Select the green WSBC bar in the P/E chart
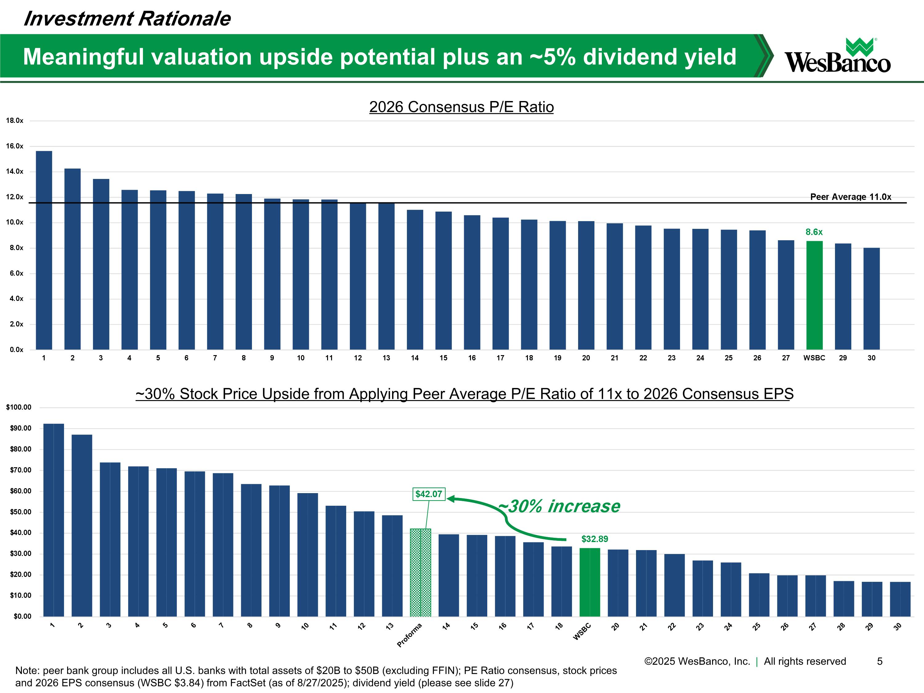814,295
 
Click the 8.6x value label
814,232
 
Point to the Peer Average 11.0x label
850,197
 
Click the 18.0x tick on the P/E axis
14,121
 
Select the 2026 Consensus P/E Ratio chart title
461,107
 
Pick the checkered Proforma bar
420,572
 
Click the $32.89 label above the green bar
594,539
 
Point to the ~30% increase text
560,506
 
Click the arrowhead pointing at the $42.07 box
451,498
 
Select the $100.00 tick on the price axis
19,407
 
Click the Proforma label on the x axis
410,635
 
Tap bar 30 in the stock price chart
900,599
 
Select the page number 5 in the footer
879,661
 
